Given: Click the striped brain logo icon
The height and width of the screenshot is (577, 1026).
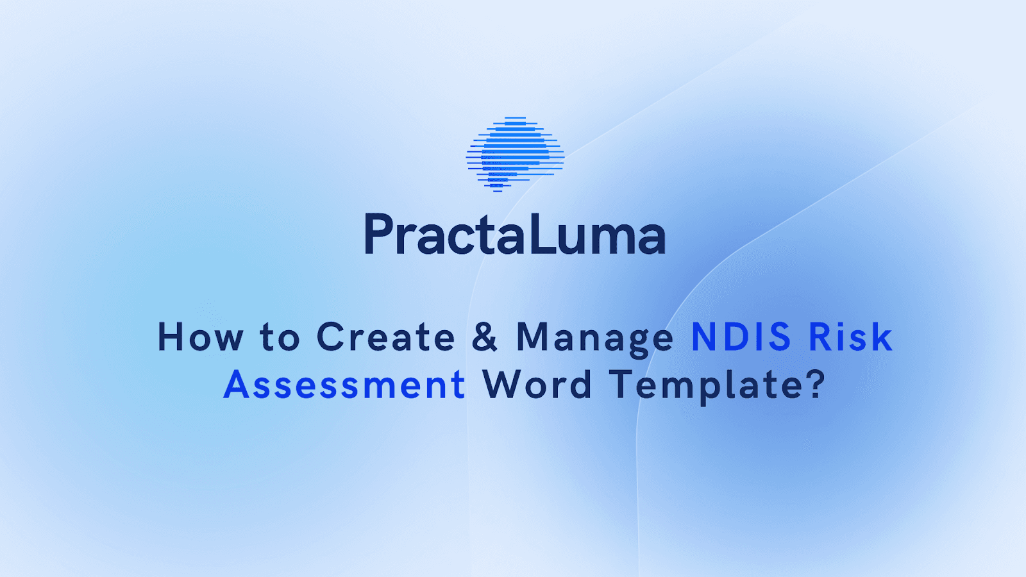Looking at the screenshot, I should [x=515, y=155].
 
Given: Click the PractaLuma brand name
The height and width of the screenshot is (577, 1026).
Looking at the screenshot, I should [x=515, y=235].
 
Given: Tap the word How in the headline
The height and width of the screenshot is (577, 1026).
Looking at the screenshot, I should [x=201, y=337].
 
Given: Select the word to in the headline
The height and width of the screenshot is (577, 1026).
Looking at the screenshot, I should [x=280, y=338].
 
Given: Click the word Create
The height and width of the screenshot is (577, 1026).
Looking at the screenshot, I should [x=385, y=337].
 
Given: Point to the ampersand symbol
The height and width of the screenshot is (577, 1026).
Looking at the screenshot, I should [x=485, y=337].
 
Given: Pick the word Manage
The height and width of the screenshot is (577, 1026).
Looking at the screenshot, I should [x=594, y=339].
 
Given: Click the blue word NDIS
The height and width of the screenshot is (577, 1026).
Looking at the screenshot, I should [x=741, y=337].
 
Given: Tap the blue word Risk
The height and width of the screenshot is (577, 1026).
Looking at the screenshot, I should [x=850, y=337].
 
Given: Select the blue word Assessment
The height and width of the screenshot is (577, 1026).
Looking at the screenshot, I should [x=344, y=385].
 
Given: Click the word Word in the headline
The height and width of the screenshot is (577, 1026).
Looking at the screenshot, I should [x=537, y=385].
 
